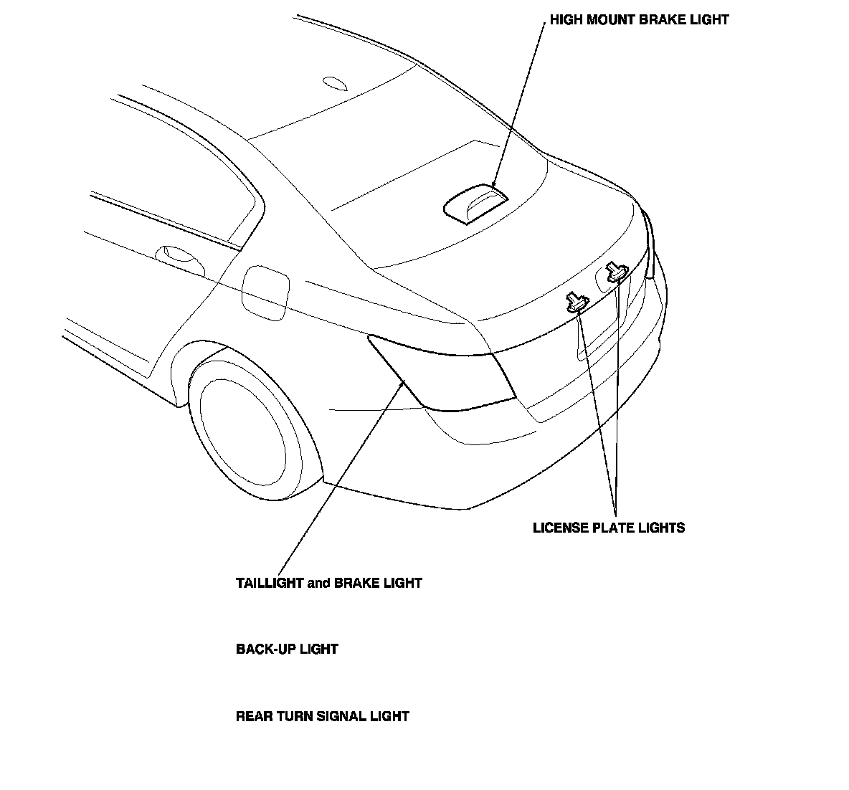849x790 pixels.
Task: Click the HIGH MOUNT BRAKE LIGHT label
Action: pos(639,20)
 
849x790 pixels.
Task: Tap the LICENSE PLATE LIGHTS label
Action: pos(609,528)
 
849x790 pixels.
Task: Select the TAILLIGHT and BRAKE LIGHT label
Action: pos(328,584)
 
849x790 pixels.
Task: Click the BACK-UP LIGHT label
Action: pos(287,649)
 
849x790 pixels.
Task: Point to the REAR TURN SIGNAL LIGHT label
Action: pos(322,716)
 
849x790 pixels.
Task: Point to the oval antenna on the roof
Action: pos(335,83)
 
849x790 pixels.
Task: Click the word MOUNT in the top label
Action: pos(609,20)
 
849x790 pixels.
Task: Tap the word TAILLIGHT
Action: pos(270,584)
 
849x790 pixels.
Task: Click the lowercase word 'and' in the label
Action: pos(318,584)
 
